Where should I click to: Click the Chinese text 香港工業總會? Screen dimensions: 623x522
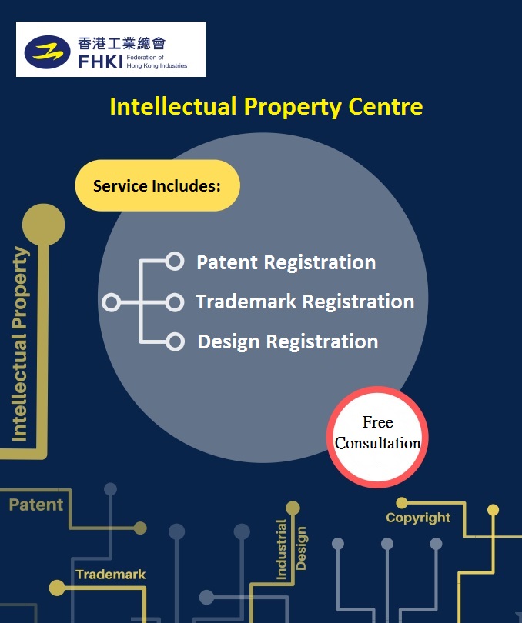point(121,43)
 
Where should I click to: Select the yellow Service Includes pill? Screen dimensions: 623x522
point(157,185)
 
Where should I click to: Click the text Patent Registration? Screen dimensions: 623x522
point(286,262)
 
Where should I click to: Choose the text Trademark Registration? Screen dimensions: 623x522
point(305,302)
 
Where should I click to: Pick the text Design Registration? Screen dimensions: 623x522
point(287,341)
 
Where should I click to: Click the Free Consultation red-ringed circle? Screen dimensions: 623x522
point(377,434)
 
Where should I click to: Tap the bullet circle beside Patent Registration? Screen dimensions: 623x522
point(175,262)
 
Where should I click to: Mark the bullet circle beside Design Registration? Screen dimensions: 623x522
point(175,341)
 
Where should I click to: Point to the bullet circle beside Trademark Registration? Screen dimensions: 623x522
point(175,302)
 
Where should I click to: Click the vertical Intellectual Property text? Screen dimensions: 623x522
point(20,344)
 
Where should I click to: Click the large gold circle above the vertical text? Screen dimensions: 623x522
point(43,225)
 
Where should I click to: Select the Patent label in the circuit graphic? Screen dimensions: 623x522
point(36,505)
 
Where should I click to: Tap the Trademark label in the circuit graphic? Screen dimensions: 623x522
point(110,575)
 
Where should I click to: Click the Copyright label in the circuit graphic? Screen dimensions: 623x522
point(418,518)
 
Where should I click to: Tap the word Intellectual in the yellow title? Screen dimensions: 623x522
point(173,106)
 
